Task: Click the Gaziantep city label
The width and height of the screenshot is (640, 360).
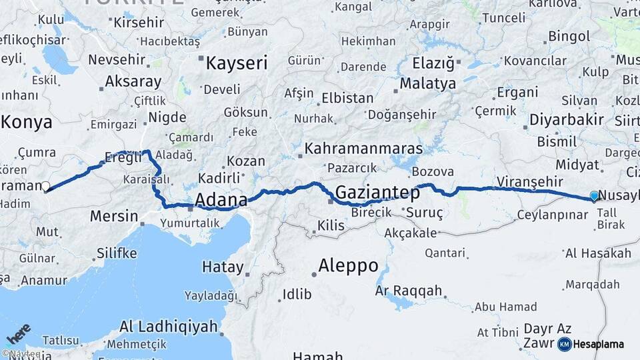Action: click(377, 193)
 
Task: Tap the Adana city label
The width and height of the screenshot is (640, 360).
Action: click(221, 199)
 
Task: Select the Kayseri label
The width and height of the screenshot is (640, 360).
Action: click(236, 64)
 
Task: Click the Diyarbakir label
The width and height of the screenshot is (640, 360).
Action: click(566, 120)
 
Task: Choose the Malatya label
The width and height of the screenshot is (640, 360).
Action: click(427, 83)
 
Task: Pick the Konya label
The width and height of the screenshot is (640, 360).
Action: click(27, 122)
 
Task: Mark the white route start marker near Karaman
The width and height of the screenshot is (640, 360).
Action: click(46, 187)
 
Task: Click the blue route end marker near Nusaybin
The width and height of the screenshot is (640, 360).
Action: click(594, 196)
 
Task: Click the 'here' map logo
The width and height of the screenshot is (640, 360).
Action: click(19, 334)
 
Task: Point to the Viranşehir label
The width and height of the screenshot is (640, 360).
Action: click(529, 182)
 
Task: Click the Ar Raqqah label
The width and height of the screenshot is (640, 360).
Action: click(409, 291)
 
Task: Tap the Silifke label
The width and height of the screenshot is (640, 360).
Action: click(117, 253)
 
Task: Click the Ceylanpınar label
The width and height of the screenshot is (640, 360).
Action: click(553, 215)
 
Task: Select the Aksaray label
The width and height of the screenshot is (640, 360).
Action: click(133, 82)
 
